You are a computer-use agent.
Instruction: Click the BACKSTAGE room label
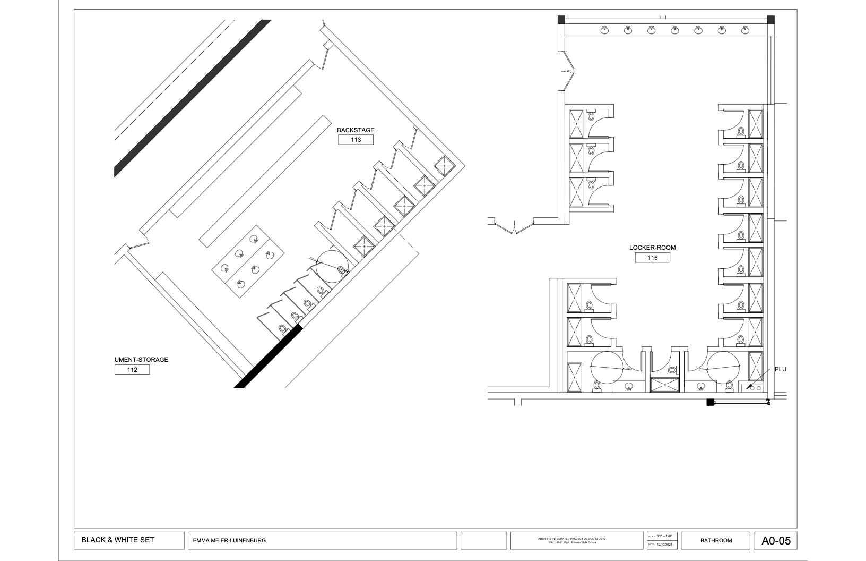point(356,130)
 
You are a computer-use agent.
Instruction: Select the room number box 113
point(356,140)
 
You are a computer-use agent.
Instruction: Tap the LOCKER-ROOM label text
point(652,248)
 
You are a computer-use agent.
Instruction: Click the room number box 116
point(652,258)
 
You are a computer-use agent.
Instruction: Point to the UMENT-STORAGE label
point(141,360)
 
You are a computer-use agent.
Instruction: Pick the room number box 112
point(132,370)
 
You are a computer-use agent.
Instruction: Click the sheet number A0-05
point(775,541)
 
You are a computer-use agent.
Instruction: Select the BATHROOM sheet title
point(716,541)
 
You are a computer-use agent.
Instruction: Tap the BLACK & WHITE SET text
point(118,540)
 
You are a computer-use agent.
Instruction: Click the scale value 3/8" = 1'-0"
point(664,536)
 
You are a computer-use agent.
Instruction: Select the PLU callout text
point(780,369)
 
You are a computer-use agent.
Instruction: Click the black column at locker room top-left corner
point(561,20)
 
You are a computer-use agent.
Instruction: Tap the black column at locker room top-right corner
point(770,20)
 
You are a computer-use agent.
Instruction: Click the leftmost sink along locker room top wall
point(604,30)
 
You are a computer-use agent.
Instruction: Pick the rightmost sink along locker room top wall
point(745,30)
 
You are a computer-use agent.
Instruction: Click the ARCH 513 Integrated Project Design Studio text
point(576,539)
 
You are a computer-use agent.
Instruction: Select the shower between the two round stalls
point(665,385)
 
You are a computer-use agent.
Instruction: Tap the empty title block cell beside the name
point(483,541)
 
